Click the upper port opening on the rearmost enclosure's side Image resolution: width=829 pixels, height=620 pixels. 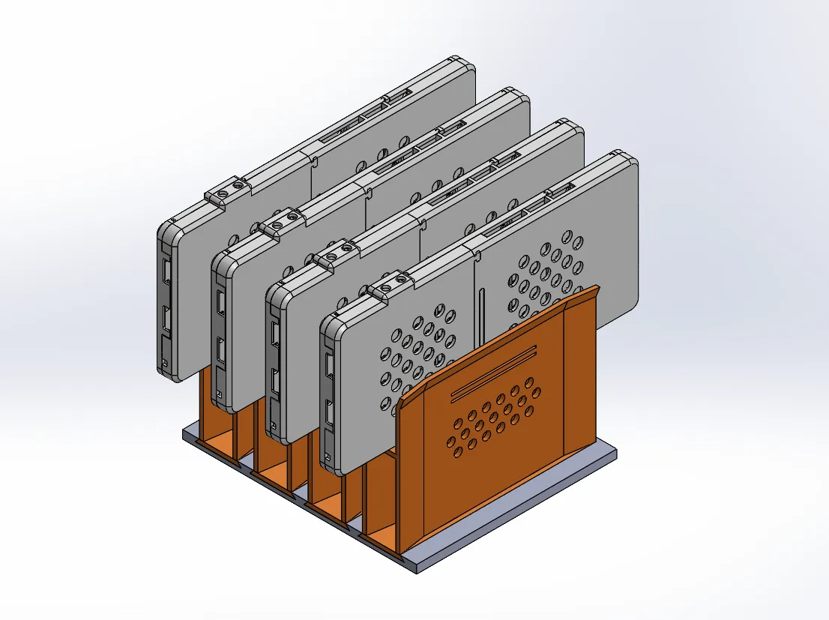(x=166, y=269)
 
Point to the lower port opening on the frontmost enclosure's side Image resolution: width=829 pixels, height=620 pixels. (x=329, y=413)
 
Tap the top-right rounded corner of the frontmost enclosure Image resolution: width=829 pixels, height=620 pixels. (x=630, y=161)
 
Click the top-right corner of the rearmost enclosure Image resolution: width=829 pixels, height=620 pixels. (x=468, y=66)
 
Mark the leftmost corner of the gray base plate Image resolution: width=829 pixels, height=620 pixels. (x=184, y=431)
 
